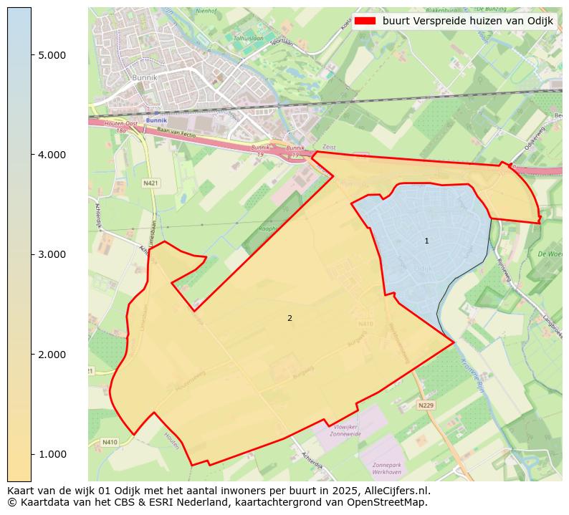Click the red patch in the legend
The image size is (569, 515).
(x=364, y=21)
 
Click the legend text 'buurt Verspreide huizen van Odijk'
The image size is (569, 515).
(x=467, y=21)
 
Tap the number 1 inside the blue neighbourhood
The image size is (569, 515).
(x=426, y=241)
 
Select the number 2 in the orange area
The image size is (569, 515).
(x=290, y=318)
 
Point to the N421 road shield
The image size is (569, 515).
(x=150, y=183)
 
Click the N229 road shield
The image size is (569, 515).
(x=426, y=405)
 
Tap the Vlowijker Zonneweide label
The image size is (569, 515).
(x=345, y=430)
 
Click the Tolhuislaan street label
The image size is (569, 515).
(x=248, y=39)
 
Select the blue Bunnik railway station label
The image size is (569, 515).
(x=156, y=120)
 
